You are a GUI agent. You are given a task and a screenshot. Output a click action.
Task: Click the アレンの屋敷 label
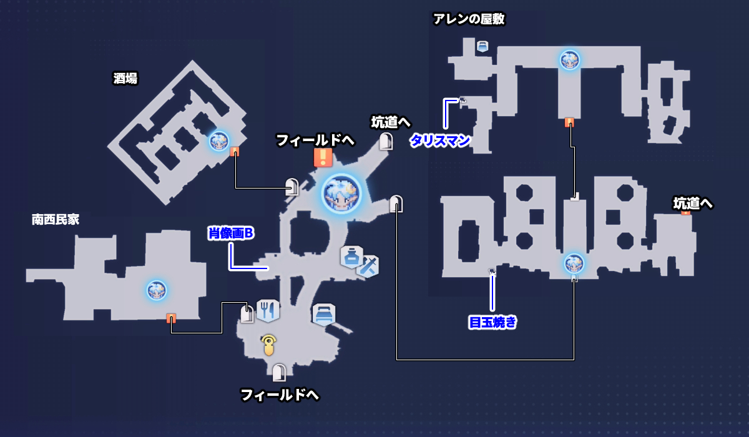[x=469, y=19]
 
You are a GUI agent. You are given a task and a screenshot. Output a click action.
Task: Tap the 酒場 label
[x=125, y=79]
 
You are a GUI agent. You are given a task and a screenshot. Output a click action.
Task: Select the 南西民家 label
[x=56, y=220]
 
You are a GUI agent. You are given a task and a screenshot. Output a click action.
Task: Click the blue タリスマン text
[x=439, y=141]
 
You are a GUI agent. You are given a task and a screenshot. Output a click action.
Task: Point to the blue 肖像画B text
[x=232, y=233]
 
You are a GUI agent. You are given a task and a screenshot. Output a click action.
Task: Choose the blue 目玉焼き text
[x=492, y=323]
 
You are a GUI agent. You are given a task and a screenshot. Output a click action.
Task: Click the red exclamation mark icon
[x=323, y=157]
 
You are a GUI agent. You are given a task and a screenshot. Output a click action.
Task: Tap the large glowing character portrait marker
[x=342, y=193]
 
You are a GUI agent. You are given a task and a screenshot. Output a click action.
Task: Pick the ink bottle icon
[x=351, y=256]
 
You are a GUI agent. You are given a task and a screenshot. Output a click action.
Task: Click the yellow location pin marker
[x=269, y=344]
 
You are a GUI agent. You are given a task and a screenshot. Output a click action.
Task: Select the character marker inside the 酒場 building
[x=218, y=141]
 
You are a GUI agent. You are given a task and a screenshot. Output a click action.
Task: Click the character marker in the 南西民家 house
[x=156, y=290]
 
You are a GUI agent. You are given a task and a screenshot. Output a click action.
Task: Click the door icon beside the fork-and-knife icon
[x=247, y=313]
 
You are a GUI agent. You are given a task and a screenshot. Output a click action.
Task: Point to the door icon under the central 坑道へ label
[x=386, y=141]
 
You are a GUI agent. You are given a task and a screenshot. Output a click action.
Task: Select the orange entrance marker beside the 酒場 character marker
[x=235, y=152]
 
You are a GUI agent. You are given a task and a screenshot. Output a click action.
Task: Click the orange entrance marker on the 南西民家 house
[x=171, y=318]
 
